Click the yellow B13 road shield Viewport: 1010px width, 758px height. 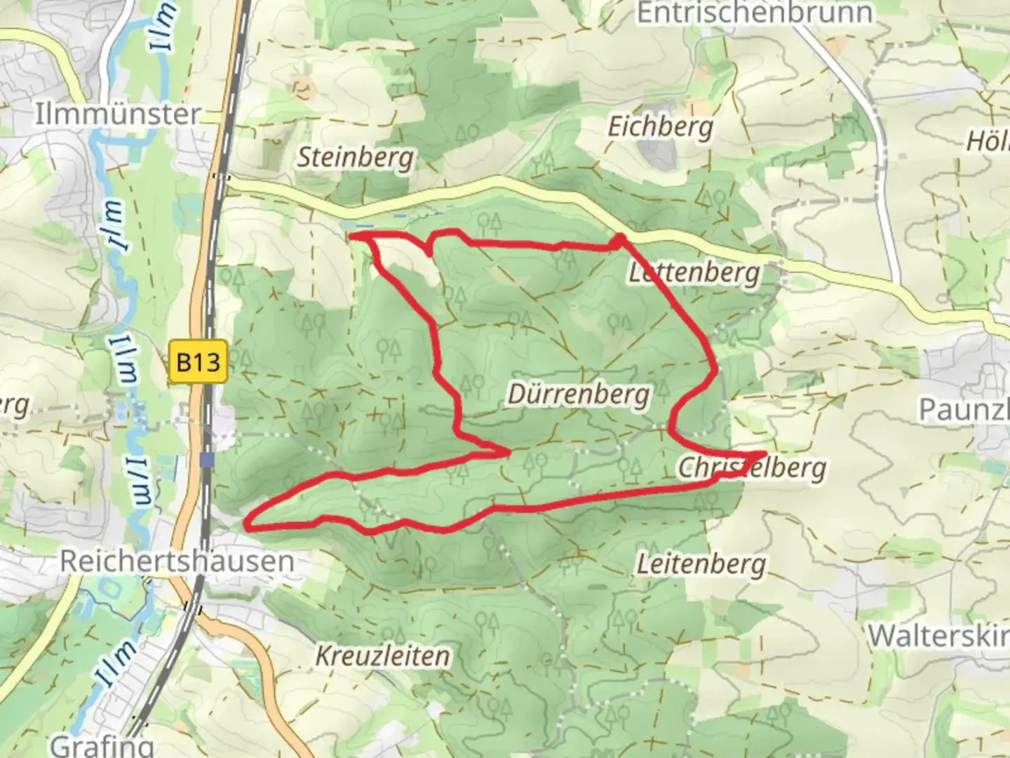point(198,362)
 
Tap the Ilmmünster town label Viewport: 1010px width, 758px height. point(118,114)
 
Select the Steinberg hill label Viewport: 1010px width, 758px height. point(356,157)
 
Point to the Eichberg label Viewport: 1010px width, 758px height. point(660,127)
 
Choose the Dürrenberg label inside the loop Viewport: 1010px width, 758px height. point(579,394)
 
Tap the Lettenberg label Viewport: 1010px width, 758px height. point(694,272)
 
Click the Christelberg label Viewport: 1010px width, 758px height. point(752,468)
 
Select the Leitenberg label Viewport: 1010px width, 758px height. point(701,564)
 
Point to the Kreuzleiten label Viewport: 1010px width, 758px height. point(382,656)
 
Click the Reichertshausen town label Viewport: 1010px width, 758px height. point(177,561)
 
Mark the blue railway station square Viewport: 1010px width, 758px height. point(206,460)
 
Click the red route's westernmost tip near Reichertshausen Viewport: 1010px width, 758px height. point(248,523)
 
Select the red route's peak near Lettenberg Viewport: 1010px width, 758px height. point(619,237)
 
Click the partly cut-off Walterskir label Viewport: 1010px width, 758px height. point(938,637)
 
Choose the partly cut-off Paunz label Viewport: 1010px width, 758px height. point(964,410)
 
